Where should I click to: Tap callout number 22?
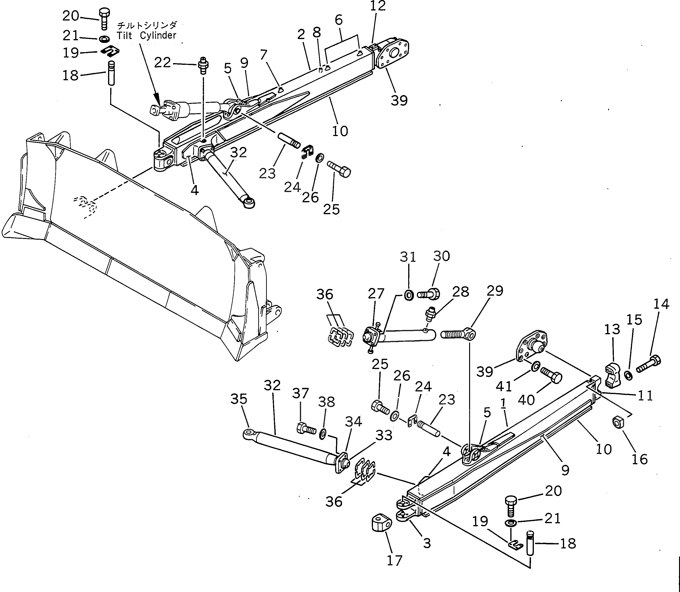click(162, 62)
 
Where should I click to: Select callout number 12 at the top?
click(378, 6)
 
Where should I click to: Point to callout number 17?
click(394, 560)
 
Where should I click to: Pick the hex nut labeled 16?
click(617, 422)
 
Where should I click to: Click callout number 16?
click(639, 459)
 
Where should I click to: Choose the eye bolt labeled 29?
click(459, 334)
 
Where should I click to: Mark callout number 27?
click(376, 293)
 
